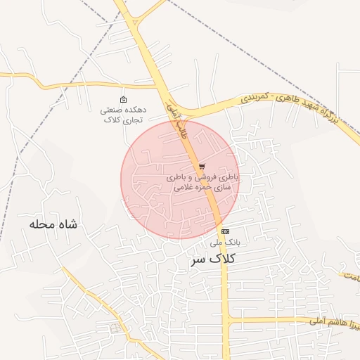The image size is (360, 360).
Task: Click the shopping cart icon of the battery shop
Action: pos(202,167)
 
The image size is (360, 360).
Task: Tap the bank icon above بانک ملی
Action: pos(225,231)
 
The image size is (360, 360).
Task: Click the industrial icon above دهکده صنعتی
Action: pos(124,99)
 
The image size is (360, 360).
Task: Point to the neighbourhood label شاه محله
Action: pos(53,224)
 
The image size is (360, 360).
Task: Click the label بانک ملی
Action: pos(225,242)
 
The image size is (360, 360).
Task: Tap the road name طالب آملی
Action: pos(176,117)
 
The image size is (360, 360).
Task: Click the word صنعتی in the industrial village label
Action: pos(115,110)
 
